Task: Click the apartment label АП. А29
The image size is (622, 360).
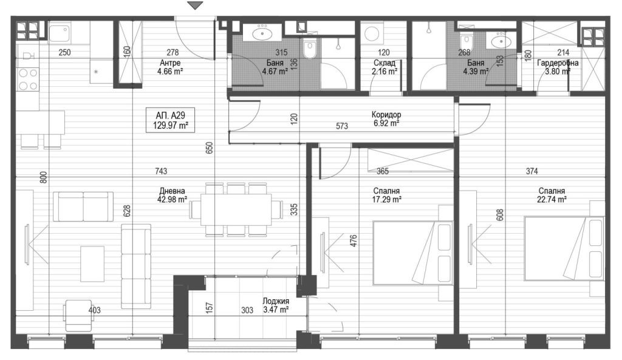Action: pos(170,115)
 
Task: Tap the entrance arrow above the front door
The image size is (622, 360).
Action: pos(195,5)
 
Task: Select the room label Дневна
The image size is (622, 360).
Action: pos(172,191)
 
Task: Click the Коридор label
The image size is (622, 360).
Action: pos(386,115)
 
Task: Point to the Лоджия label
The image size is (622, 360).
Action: pos(276,301)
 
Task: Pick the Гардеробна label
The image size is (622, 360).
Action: pos(558,63)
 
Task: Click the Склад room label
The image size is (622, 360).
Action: pos(384,63)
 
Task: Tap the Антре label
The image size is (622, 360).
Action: pos(170,63)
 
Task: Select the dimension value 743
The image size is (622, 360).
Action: pos(161,171)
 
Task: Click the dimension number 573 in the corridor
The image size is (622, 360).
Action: pos(342,126)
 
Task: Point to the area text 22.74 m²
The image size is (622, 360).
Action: pos(552,200)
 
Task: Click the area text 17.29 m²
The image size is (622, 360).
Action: pos(386,200)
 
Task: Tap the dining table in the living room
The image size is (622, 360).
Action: pos(236,209)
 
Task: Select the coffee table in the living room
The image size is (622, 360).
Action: pos(92,263)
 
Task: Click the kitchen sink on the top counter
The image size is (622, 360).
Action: pos(60,33)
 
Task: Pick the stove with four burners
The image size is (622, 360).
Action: pos(28,80)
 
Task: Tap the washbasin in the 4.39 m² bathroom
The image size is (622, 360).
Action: pos(501,41)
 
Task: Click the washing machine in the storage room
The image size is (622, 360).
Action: pos(372,34)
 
